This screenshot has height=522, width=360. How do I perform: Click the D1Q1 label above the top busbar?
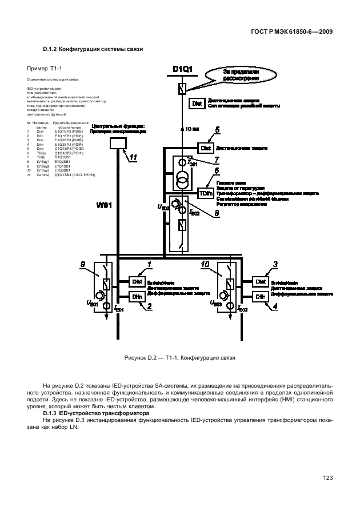pyautogui.click(x=182, y=70)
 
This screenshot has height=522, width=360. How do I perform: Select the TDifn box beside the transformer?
pyautogui.click(x=205, y=193)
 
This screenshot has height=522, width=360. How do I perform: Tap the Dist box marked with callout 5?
pyautogui.click(x=206, y=147)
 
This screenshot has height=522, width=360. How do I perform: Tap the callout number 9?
pyautogui.click(x=83, y=264)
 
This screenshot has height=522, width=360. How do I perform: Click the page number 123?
pyautogui.click(x=327, y=478)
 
